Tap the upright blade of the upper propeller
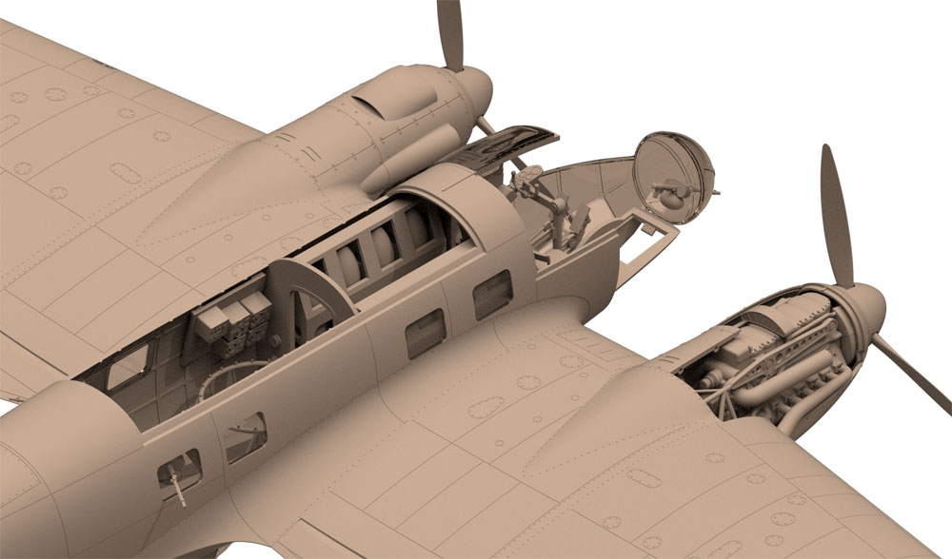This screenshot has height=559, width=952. click(450, 34)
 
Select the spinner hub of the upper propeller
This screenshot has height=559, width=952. click(466, 91)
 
